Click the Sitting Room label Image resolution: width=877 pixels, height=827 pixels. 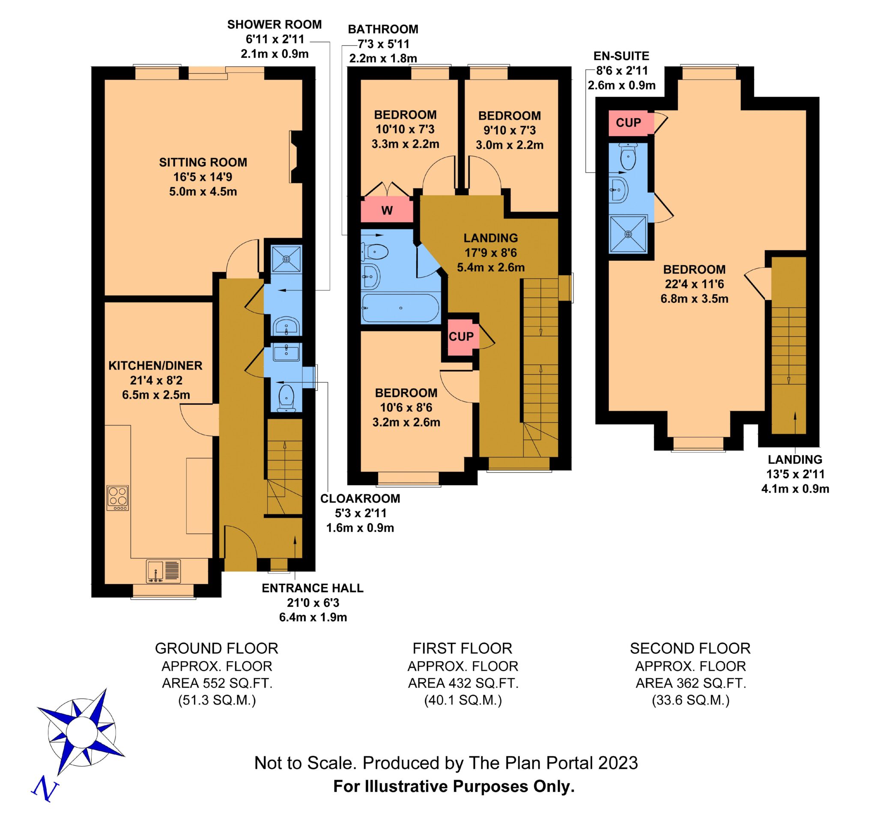[x=203, y=162]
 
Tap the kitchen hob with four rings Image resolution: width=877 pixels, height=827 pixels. [x=118, y=498]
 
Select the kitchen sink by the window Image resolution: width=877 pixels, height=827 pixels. [x=164, y=571]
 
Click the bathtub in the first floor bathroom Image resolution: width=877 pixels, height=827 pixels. [x=400, y=308]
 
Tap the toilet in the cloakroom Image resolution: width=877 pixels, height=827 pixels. [x=287, y=397]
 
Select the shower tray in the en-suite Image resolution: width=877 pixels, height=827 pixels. [x=628, y=234]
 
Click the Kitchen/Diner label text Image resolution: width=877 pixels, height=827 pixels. [x=155, y=365]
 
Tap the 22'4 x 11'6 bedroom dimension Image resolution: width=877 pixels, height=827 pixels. [x=695, y=284]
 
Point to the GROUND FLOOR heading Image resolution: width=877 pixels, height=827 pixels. [x=217, y=648]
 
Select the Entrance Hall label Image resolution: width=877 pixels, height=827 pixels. [x=313, y=588]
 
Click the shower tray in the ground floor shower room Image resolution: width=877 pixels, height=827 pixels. [x=286, y=259]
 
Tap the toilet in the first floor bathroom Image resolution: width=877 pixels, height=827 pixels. [x=375, y=252]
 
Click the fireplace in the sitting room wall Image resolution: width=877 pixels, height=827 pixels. [x=296, y=157]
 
